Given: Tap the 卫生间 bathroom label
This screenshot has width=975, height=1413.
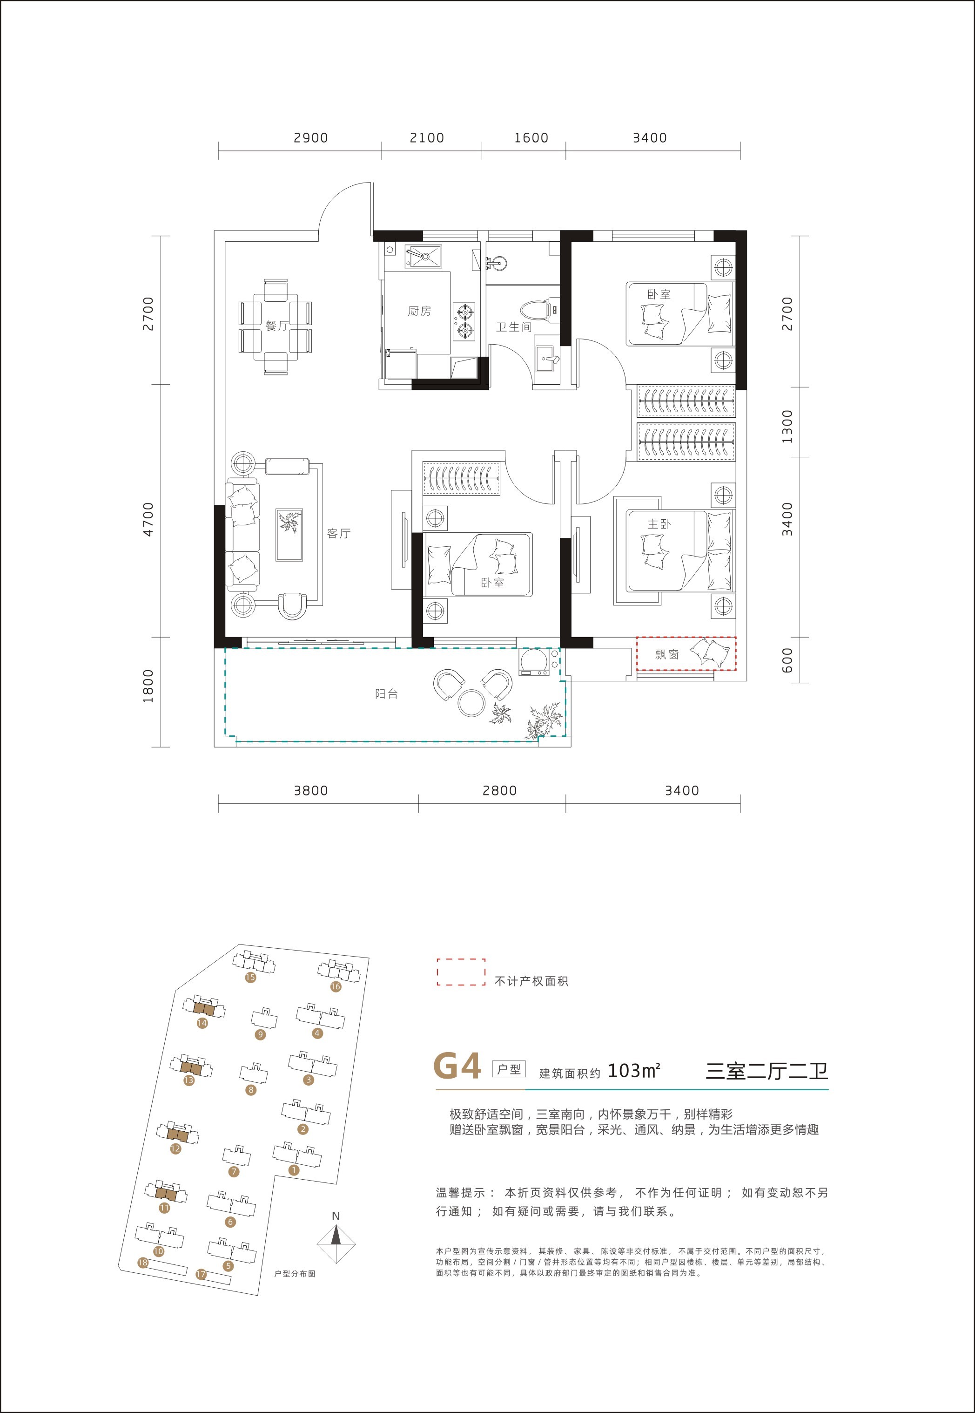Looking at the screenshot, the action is click(513, 327).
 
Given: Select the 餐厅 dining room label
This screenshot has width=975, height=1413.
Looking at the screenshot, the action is click(277, 326).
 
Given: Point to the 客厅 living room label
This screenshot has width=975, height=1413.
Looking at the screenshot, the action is click(338, 534).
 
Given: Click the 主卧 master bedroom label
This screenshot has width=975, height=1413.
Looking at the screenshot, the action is click(659, 524).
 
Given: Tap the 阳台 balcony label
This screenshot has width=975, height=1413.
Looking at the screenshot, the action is click(386, 693).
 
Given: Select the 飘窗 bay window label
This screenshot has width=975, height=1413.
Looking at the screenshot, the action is click(666, 654).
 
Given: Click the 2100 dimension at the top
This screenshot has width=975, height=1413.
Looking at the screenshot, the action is click(427, 138).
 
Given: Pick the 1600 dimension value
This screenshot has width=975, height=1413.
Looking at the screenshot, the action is click(531, 138).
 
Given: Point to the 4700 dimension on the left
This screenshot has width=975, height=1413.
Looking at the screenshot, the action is click(148, 519).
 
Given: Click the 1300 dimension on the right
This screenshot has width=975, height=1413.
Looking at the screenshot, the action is click(787, 426).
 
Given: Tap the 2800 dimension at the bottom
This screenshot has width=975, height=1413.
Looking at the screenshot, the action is click(500, 790).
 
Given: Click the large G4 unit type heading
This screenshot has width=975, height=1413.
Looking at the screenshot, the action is click(457, 1066).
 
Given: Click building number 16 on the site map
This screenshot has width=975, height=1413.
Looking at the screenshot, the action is click(336, 986).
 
